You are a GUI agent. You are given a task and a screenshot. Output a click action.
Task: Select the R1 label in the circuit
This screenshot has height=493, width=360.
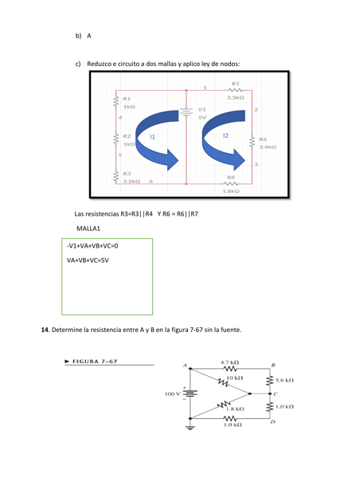pos(127,99)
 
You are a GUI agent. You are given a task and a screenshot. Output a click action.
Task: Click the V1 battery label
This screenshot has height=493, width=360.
pos(202,109)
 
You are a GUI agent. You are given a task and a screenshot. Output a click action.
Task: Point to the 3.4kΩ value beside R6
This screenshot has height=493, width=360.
pos(267,147)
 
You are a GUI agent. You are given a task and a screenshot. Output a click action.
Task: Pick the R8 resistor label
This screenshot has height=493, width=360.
pos(231,177)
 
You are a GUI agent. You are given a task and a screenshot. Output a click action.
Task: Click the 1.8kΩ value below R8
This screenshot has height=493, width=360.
pos(231,191)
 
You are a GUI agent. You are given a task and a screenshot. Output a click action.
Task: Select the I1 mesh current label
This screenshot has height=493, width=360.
pos(152,138)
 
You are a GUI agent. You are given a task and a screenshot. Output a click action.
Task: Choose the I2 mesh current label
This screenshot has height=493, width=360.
pos(225,136)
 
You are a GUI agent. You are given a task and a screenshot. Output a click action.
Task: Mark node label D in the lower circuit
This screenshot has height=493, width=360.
pos(273,424)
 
